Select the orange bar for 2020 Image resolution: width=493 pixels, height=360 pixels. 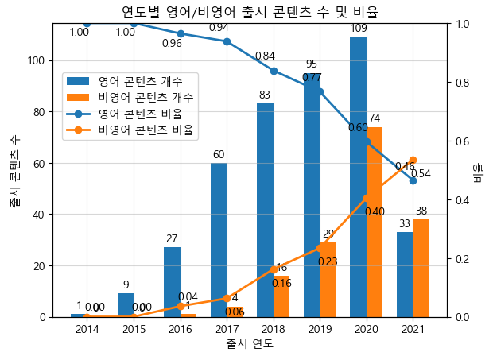(x=375, y=223)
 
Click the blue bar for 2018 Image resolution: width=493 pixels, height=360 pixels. (x=265, y=211)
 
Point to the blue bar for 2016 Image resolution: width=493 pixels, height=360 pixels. (x=172, y=282)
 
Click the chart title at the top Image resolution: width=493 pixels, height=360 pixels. (x=250, y=12)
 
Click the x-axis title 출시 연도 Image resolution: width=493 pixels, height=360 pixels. (x=250, y=344)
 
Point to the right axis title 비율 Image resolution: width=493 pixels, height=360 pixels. (x=479, y=170)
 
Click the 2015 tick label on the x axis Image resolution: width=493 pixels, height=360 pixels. (x=134, y=330)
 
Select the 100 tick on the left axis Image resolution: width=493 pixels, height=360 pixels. (x=42, y=60)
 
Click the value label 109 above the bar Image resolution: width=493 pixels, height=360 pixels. (x=359, y=29)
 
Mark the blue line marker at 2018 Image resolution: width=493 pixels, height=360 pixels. (x=274, y=71)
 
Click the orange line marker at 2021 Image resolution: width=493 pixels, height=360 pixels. (x=413, y=160)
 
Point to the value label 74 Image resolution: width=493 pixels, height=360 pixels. (x=375, y=118)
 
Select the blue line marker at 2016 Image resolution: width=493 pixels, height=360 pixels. (x=181, y=34)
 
